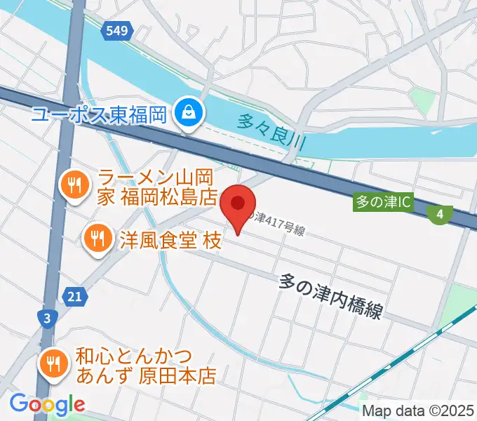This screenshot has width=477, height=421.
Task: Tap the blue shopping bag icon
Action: (189, 112)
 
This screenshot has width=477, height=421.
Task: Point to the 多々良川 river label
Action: (273, 131)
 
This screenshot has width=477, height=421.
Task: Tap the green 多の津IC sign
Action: (382, 203)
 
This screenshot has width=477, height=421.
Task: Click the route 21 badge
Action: (75, 297)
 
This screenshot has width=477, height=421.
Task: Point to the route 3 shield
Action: (46, 319)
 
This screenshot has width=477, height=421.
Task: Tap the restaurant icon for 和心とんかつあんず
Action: (52, 364)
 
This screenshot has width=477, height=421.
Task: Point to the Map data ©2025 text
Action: (418, 411)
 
